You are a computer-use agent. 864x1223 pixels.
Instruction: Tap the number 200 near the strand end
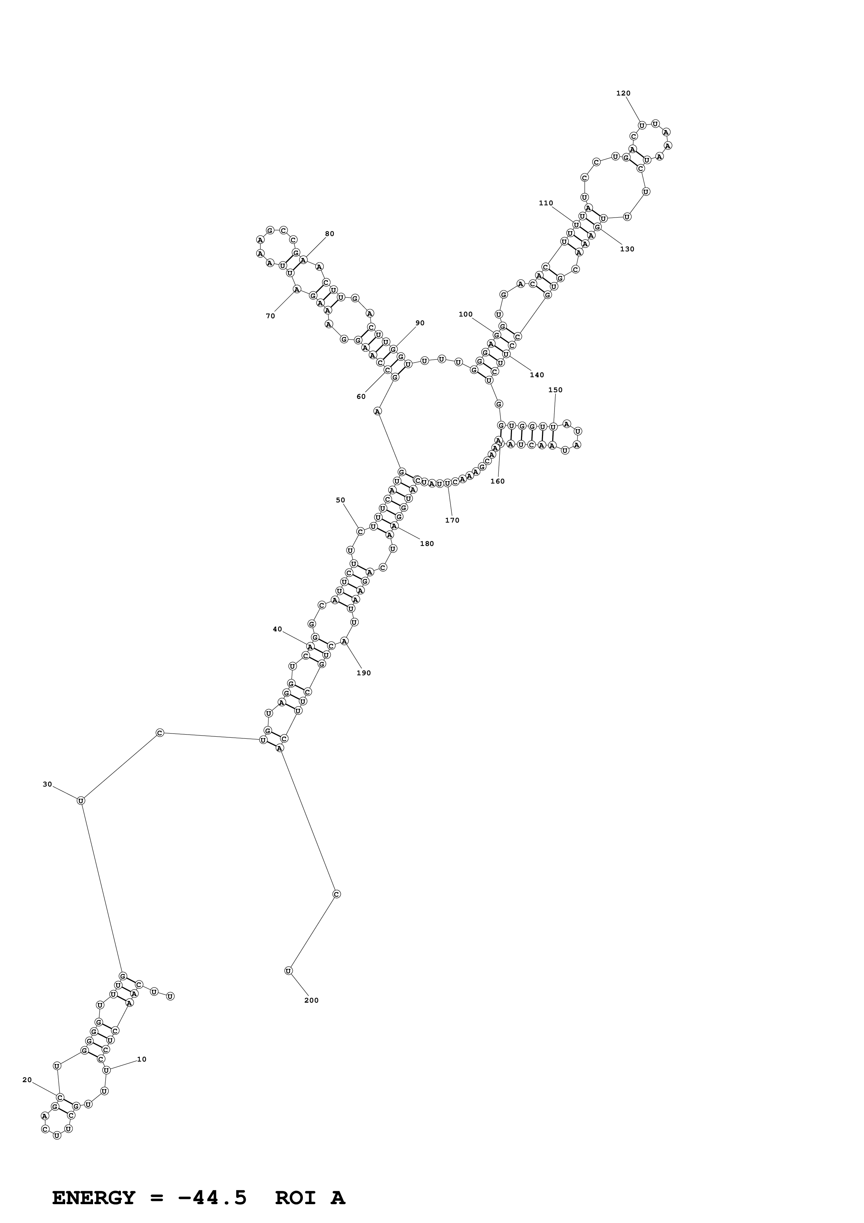(312, 1000)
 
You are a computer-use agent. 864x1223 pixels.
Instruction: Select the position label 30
(47, 784)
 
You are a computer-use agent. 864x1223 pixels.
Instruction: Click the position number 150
(555, 390)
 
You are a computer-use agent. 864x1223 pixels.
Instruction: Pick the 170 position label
(452, 521)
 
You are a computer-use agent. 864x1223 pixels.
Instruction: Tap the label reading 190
(364, 673)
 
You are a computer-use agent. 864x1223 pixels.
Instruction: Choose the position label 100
(465, 314)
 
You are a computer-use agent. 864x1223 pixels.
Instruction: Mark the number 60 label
(361, 396)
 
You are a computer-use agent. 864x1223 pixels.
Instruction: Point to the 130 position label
(627, 249)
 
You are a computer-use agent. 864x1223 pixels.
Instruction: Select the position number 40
(277, 629)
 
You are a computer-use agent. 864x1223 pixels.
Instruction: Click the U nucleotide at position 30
(81, 800)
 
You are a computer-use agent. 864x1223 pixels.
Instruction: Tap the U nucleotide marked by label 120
(642, 125)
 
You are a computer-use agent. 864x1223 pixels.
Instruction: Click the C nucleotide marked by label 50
(360, 531)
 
